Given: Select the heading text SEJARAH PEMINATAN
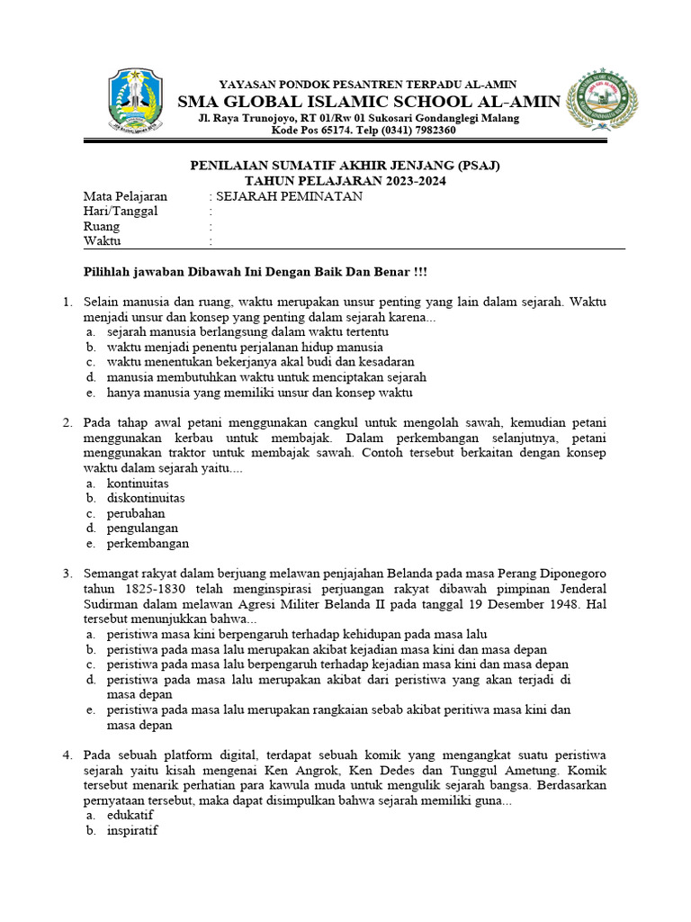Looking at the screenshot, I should (x=290, y=196).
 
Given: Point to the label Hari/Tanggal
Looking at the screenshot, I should (x=121, y=212).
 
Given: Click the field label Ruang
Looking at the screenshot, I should (x=101, y=227).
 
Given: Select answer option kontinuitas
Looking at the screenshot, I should (x=138, y=484).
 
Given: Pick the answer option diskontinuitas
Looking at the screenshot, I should (x=146, y=498).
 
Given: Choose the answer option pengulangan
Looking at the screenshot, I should (x=142, y=529).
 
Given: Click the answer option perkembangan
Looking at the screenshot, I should (x=148, y=544).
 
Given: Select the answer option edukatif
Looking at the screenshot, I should (x=130, y=815).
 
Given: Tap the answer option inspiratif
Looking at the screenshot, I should (x=132, y=830).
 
